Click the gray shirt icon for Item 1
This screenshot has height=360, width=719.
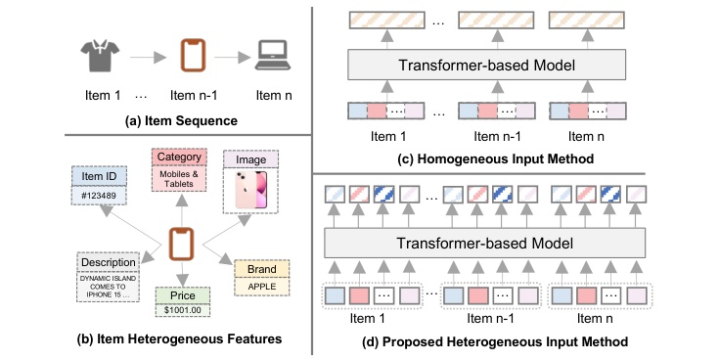tap(98, 57)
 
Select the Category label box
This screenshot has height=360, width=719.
tap(179, 157)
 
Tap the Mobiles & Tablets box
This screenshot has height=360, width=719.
tap(179, 178)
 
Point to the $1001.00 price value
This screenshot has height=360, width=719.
tap(180, 310)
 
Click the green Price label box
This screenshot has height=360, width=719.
tap(180, 293)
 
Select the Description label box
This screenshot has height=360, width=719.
tap(110, 262)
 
